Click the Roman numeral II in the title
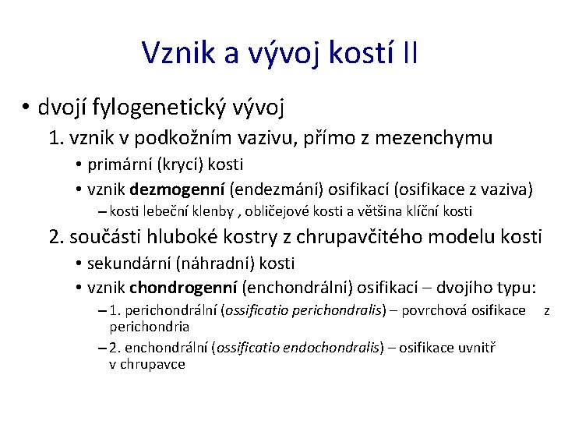tap(410, 52)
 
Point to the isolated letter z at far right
tap(546, 310)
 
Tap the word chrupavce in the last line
tap(153, 364)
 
